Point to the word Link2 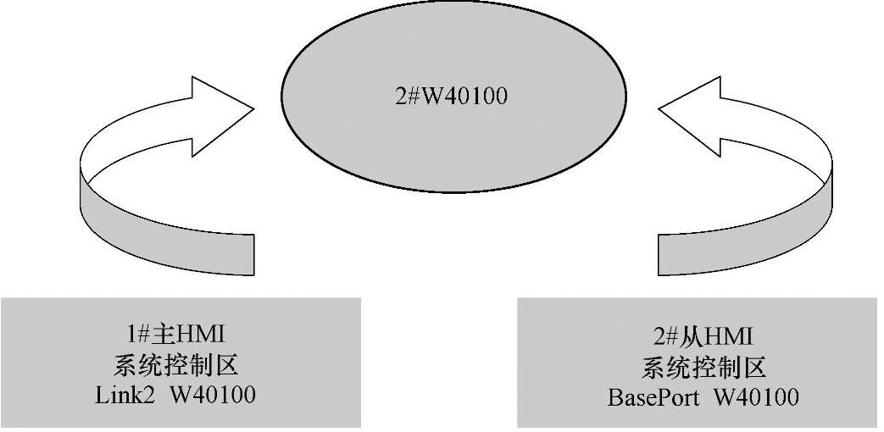pyautogui.click(x=124, y=396)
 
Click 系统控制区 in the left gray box pyautogui.click(x=175, y=366)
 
